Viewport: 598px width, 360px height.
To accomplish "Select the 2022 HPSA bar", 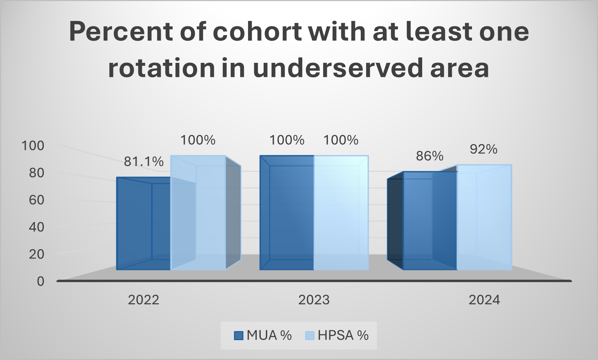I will click(198, 213).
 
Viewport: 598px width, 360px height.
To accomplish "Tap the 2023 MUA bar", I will click(287, 213).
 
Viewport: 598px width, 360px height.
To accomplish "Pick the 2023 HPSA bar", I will click(341, 213).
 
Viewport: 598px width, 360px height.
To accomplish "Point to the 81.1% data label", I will click(144, 161).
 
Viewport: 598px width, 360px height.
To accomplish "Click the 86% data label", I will click(429, 156).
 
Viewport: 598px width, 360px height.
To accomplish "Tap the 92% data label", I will click(484, 149).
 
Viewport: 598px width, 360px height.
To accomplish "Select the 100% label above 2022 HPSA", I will click(198, 140).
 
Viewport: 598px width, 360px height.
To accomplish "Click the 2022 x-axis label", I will click(144, 300).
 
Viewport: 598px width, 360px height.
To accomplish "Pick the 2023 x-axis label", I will click(314, 300).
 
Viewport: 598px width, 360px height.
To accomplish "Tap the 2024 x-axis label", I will click(484, 300).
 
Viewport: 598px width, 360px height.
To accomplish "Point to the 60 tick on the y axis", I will click(36, 200).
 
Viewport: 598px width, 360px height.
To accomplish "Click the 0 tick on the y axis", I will click(40, 281).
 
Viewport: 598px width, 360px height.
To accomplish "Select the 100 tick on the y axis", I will click(33, 146).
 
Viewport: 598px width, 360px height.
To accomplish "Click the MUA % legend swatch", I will click(238, 336).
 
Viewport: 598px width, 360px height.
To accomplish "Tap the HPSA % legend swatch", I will click(310, 336).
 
